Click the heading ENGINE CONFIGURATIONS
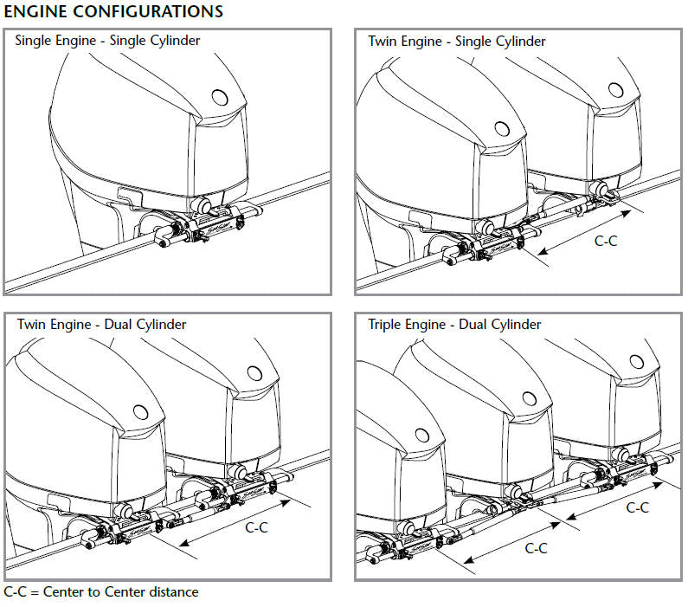(x=113, y=11)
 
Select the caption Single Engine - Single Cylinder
(x=107, y=41)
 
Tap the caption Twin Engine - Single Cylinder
(x=457, y=41)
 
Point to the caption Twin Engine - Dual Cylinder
(x=101, y=325)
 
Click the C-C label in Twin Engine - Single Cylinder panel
(x=605, y=242)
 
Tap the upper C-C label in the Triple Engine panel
(x=637, y=507)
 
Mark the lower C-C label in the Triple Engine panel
(x=537, y=548)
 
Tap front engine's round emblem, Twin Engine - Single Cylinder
(x=500, y=127)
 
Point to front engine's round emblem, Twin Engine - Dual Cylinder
(x=140, y=410)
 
